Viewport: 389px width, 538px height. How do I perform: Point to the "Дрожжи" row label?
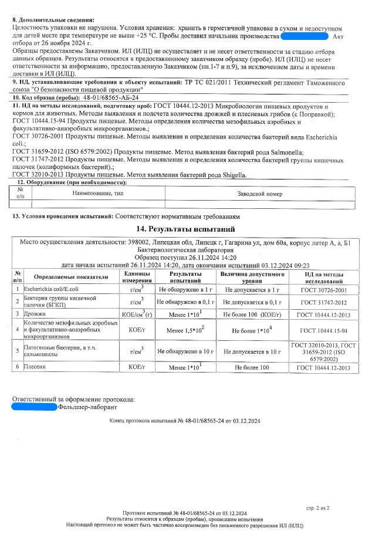34,314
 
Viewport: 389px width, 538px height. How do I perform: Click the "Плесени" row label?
35,367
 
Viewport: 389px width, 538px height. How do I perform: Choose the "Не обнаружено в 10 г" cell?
185,351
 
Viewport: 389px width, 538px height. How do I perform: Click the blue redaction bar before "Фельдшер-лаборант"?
35,406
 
